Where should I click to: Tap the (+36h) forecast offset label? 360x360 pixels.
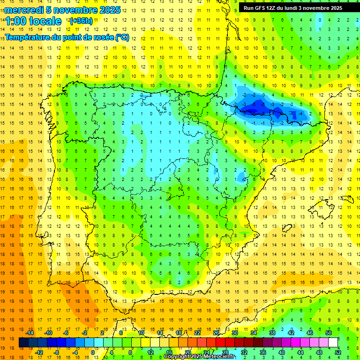pyautogui.click(x=81, y=21)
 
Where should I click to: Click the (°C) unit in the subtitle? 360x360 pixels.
pyautogui.click(x=122, y=37)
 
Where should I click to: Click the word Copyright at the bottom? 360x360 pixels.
pyautogui.click(x=177, y=357)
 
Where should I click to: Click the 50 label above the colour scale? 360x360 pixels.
pyautogui.click(x=329, y=333)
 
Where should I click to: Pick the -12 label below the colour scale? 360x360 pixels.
pyautogui.click(x=39, y=352)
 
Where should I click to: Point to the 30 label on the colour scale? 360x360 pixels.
pyautogui.click(x=235, y=333)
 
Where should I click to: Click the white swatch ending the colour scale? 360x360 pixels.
pyautogui.click(x=333, y=343)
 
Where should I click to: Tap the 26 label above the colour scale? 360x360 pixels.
pyautogui.click(x=216, y=333)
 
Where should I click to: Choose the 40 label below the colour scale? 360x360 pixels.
pyautogui.click(x=282, y=352)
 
